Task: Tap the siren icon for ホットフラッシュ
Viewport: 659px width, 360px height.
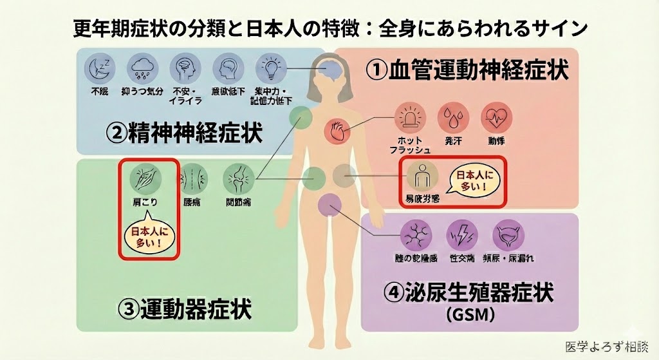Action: (410, 117)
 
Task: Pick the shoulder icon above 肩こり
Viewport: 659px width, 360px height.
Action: (145, 176)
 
